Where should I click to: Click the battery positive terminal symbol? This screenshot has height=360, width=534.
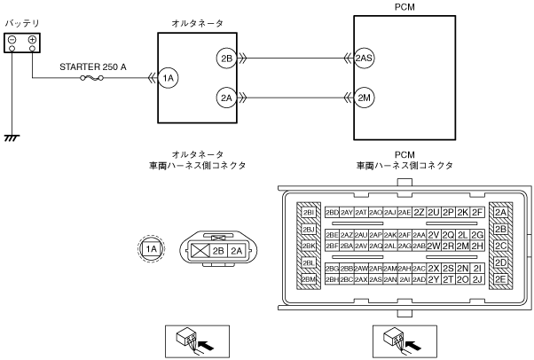(x=33, y=41)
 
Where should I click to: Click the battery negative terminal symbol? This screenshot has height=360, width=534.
(x=13, y=41)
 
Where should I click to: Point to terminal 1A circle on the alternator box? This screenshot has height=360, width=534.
(x=169, y=79)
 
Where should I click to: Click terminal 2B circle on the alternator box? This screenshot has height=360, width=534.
(x=225, y=59)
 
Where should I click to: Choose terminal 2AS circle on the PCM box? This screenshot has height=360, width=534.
(x=364, y=59)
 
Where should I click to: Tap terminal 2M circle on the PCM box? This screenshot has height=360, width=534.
(x=364, y=97)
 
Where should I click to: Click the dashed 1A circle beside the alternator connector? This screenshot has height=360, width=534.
(x=152, y=249)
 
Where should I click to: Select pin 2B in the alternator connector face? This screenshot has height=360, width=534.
(x=218, y=251)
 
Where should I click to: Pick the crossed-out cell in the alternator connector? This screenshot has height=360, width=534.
(x=200, y=251)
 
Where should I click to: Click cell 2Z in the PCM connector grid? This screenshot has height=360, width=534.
(x=419, y=212)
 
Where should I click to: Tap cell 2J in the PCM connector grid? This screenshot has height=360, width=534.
(x=478, y=279)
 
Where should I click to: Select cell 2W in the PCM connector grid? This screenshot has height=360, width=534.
(x=434, y=246)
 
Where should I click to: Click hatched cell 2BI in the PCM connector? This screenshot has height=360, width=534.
(x=309, y=213)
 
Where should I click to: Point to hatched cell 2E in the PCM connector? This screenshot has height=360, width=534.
(x=501, y=279)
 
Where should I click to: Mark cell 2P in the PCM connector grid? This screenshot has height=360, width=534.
(x=448, y=212)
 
